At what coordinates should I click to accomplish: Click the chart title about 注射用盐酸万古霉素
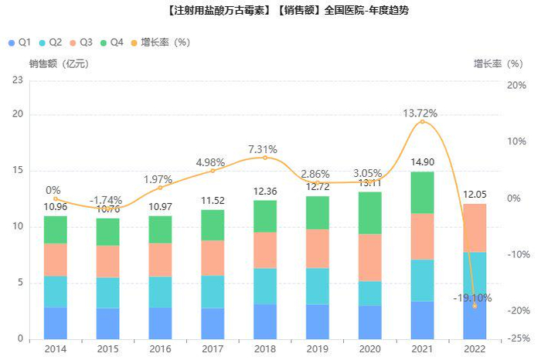tap(270, 11)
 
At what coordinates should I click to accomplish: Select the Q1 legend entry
tap(19, 42)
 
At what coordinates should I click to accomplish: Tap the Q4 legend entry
tap(112, 42)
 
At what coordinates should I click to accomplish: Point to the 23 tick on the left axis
tap(16, 80)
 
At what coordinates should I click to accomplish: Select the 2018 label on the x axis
tap(264, 349)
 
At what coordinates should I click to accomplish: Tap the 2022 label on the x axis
tap(475, 349)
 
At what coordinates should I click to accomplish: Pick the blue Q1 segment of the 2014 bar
tap(55, 323)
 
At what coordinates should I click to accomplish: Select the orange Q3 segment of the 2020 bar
tap(369, 257)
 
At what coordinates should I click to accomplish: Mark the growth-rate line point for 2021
tap(422, 121)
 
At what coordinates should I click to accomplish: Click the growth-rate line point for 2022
tap(475, 306)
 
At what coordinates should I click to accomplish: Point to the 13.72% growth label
tap(420, 113)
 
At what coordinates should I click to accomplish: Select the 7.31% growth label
tap(264, 149)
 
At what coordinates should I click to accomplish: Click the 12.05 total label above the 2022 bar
tap(475, 195)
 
